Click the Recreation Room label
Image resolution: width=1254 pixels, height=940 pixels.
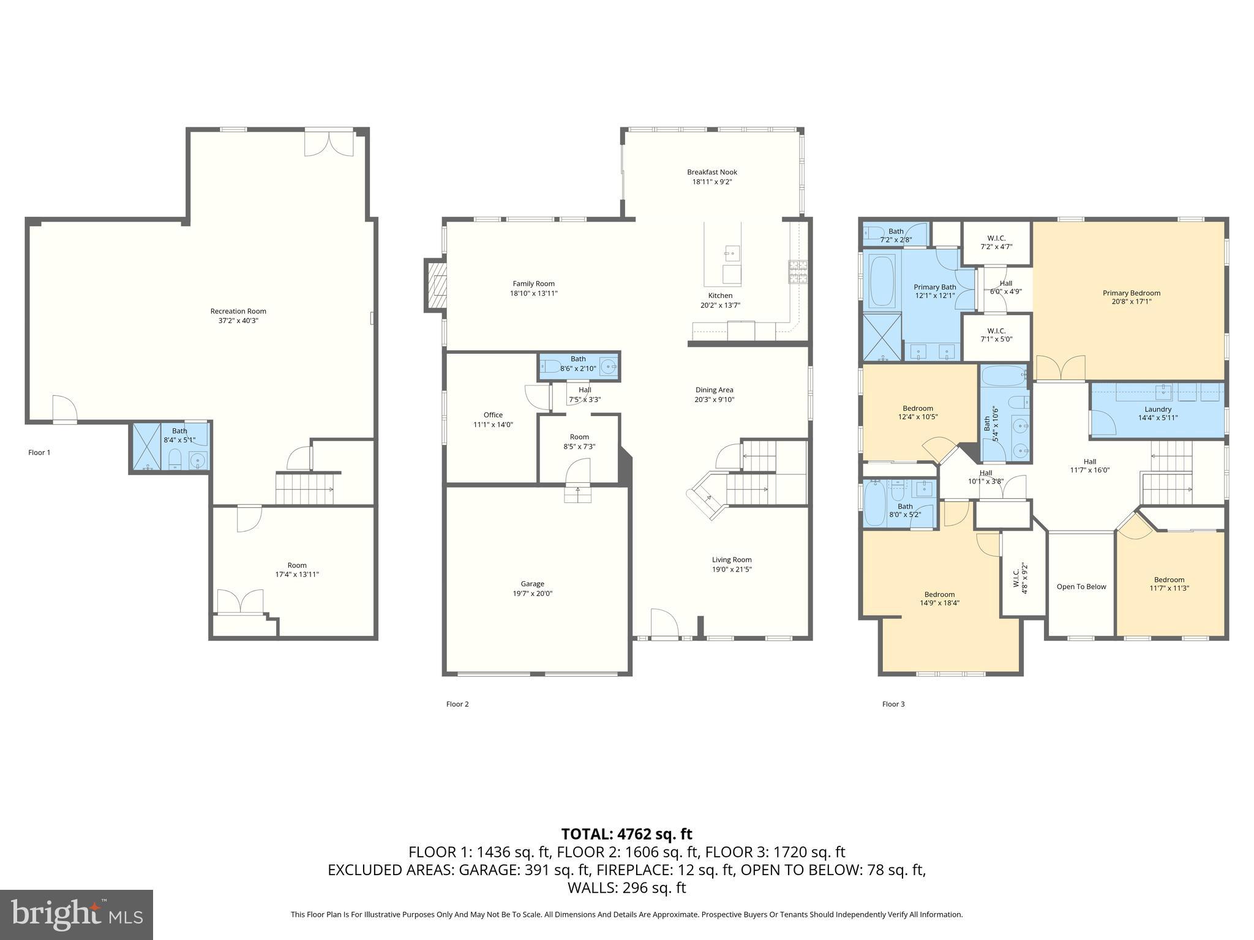(x=238, y=311)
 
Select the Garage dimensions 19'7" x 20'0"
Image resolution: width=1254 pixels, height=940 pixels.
(x=532, y=594)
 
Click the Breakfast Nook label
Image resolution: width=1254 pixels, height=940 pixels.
(x=711, y=173)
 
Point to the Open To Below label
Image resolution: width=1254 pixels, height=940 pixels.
(x=1081, y=587)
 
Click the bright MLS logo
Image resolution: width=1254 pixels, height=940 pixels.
(x=76, y=914)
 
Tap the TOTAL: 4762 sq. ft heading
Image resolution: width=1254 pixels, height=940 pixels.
(x=626, y=834)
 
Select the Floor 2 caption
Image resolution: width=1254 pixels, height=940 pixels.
(x=457, y=704)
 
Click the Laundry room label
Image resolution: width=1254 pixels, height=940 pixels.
(x=1157, y=409)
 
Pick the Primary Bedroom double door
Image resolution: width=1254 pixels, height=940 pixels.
(x=1060, y=369)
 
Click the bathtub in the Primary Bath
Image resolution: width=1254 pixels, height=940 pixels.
(x=880, y=281)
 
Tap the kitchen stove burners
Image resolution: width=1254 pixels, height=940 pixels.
(x=798, y=272)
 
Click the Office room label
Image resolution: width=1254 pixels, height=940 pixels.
(x=493, y=415)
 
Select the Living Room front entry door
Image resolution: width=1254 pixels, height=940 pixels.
(x=664, y=624)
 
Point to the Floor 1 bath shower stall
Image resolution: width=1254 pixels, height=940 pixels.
(x=146, y=447)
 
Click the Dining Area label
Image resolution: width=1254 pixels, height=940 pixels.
(x=714, y=390)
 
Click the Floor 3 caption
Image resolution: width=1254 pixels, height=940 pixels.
(x=893, y=704)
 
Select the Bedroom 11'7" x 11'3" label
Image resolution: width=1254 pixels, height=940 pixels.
(x=1169, y=580)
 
